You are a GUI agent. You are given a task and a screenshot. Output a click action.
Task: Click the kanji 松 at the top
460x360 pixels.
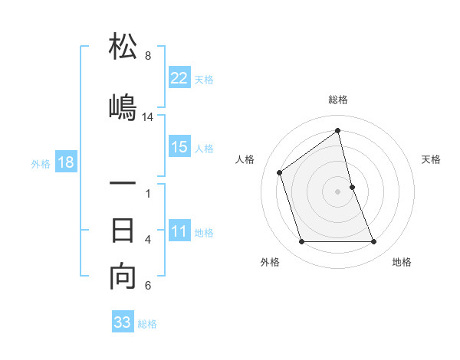pos(123,47)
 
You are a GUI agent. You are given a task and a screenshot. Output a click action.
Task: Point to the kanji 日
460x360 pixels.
pos(123,231)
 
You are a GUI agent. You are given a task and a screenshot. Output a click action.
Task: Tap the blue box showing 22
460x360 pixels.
pos(179,77)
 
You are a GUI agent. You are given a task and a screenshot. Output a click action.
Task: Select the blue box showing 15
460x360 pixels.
pos(179,147)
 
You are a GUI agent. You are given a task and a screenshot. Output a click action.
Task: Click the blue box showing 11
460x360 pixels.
pos(179,232)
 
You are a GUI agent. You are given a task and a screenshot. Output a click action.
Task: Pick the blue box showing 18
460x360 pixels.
pos(65,162)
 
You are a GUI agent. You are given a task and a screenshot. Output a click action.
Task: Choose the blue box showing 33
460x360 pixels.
pos(123,322)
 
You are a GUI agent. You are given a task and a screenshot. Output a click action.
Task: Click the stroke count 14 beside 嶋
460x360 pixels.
pos(148,117)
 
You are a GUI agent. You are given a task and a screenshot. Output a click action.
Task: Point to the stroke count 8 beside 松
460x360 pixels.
pos(148,56)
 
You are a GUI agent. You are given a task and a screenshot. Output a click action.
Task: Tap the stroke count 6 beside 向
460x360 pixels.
pos(148,286)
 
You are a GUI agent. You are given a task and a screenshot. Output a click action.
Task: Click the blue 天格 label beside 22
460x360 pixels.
pos(204,79)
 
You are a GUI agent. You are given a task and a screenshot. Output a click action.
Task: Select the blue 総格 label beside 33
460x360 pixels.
pos(147,324)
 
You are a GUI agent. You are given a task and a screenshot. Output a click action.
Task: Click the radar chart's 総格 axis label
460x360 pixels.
pos(338,100)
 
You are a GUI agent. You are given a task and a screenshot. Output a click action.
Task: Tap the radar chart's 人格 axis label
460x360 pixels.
pos(245,159)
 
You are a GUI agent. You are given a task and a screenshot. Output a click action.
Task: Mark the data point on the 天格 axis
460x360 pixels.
pos(352,186)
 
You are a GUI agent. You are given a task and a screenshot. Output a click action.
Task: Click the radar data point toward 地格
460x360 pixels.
pos(374,242)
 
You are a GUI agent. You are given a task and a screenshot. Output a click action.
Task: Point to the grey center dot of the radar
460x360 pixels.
pos(338,191)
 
